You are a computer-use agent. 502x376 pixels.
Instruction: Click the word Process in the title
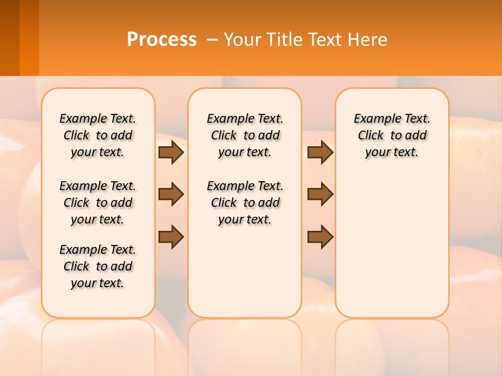click(162, 39)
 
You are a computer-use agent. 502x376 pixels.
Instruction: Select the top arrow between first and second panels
click(171, 152)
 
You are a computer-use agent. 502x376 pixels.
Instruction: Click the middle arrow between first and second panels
click(171, 194)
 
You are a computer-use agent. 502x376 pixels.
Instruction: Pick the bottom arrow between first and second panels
click(171, 237)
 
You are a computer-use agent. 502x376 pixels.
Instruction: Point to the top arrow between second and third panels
click(320, 152)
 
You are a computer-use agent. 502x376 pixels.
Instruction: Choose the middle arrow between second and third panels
click(320, 194)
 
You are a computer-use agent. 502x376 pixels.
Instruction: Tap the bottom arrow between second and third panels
click(320, 237)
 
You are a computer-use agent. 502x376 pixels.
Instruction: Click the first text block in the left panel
click(98, 135)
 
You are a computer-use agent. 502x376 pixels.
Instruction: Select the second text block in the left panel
click(98, 203)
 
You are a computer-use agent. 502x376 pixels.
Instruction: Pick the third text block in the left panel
click(98, 266)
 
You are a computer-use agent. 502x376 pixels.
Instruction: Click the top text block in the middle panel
click(245, 135)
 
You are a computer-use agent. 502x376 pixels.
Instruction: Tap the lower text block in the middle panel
click(245, 203)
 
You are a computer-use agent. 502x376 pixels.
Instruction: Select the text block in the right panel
click(392, 135)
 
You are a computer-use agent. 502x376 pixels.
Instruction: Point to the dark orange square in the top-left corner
click(19, 38)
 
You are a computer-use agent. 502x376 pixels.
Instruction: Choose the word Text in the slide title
click(325, 39)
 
